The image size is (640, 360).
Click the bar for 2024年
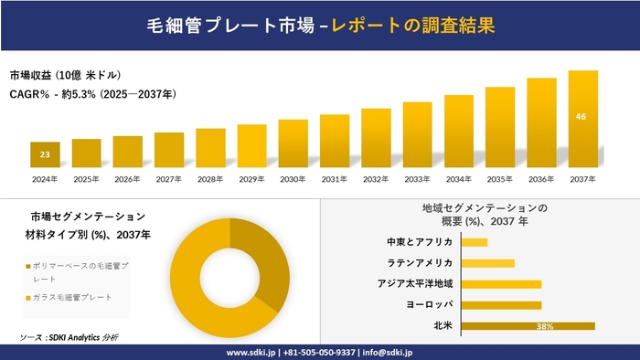(45, 156)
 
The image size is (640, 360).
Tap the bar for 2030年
(293, 144)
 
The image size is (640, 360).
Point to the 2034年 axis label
(458, 179)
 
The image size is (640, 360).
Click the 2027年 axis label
(169, 179)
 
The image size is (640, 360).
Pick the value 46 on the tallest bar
(582, 117)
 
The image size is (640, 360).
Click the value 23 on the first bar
(45, 154)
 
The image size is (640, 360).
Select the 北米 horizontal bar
(528, 325)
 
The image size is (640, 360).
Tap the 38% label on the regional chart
(545, 326)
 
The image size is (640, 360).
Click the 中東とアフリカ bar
(475, 242)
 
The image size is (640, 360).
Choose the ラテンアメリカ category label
(421, 263)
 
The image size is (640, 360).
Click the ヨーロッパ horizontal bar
(501, 305)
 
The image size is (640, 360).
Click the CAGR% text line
(92, 94)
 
